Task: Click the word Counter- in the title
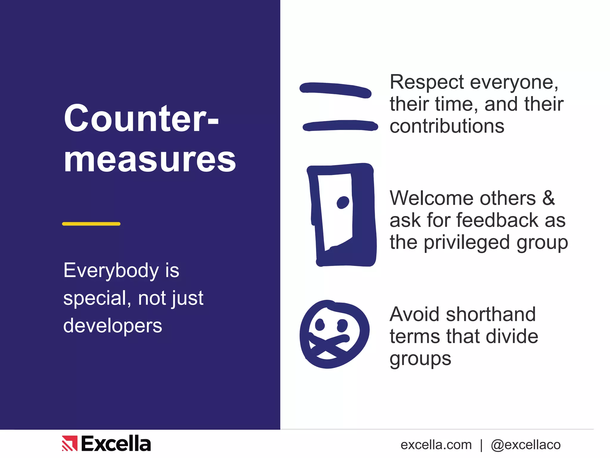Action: (x=141, y=118)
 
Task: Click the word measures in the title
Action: (x=150, y=160)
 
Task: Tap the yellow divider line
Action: (x=91, y=224)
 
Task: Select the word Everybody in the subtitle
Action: (x=111, y=271)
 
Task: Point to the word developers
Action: (x=113, y=326)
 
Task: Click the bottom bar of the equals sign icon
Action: (x=340, y=126)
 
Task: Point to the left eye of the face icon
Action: (x=320, y=325)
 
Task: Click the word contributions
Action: (x=447, y=126)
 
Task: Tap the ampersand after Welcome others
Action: (x=548, y=198)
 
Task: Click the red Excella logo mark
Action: (x=69, y=443)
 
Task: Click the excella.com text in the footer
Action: (x=436, y=445)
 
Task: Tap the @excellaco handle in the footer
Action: (x=525, y=445)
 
